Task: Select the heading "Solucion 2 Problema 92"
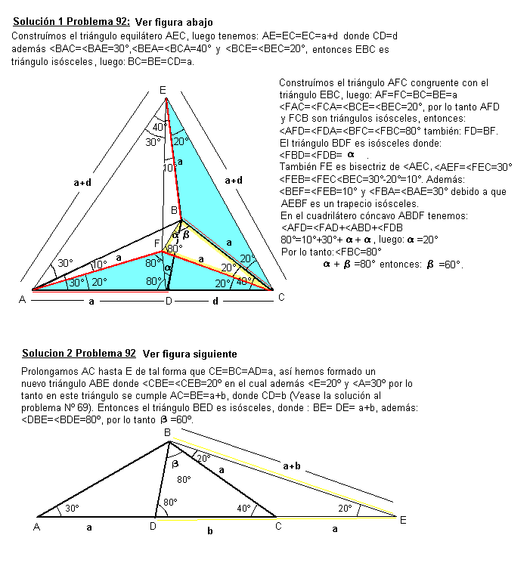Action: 79,353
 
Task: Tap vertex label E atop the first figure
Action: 163,91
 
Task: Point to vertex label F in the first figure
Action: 157,243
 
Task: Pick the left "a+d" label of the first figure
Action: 84,181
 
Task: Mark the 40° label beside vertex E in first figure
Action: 159,127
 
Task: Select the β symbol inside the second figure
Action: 174,462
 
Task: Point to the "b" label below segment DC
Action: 209,531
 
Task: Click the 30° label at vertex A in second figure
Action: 73,509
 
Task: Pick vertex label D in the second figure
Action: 152,526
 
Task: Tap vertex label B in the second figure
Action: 167,432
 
